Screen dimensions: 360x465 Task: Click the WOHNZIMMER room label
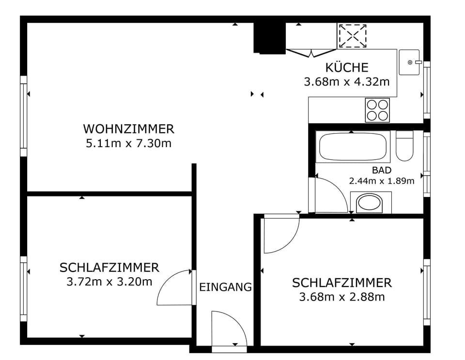tap(128, 129)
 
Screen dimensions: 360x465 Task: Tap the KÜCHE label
tap(347, 67)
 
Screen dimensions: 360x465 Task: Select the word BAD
tap(382, 170)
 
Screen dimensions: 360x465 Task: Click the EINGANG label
tap(226, 287)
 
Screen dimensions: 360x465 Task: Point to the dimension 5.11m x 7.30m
tap(128, 144)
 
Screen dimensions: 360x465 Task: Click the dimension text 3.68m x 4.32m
tap(347, 82)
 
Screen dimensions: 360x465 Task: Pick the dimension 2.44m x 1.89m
tap(382, 181)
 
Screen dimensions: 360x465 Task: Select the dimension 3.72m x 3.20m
tap(109, 282)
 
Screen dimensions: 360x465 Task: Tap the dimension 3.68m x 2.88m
tap(342, 297)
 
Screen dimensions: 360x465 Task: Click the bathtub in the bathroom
tap(353, 146)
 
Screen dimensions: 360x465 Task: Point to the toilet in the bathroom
tap(404, 146)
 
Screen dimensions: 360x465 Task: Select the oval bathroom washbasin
tap(370, 203)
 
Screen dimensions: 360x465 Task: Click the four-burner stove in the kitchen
tap(377, 110)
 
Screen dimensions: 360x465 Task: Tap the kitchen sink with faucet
tap(409, 62)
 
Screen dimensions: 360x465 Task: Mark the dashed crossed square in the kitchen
tap(352, 36)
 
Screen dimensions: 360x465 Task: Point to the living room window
tap(23, 116)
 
